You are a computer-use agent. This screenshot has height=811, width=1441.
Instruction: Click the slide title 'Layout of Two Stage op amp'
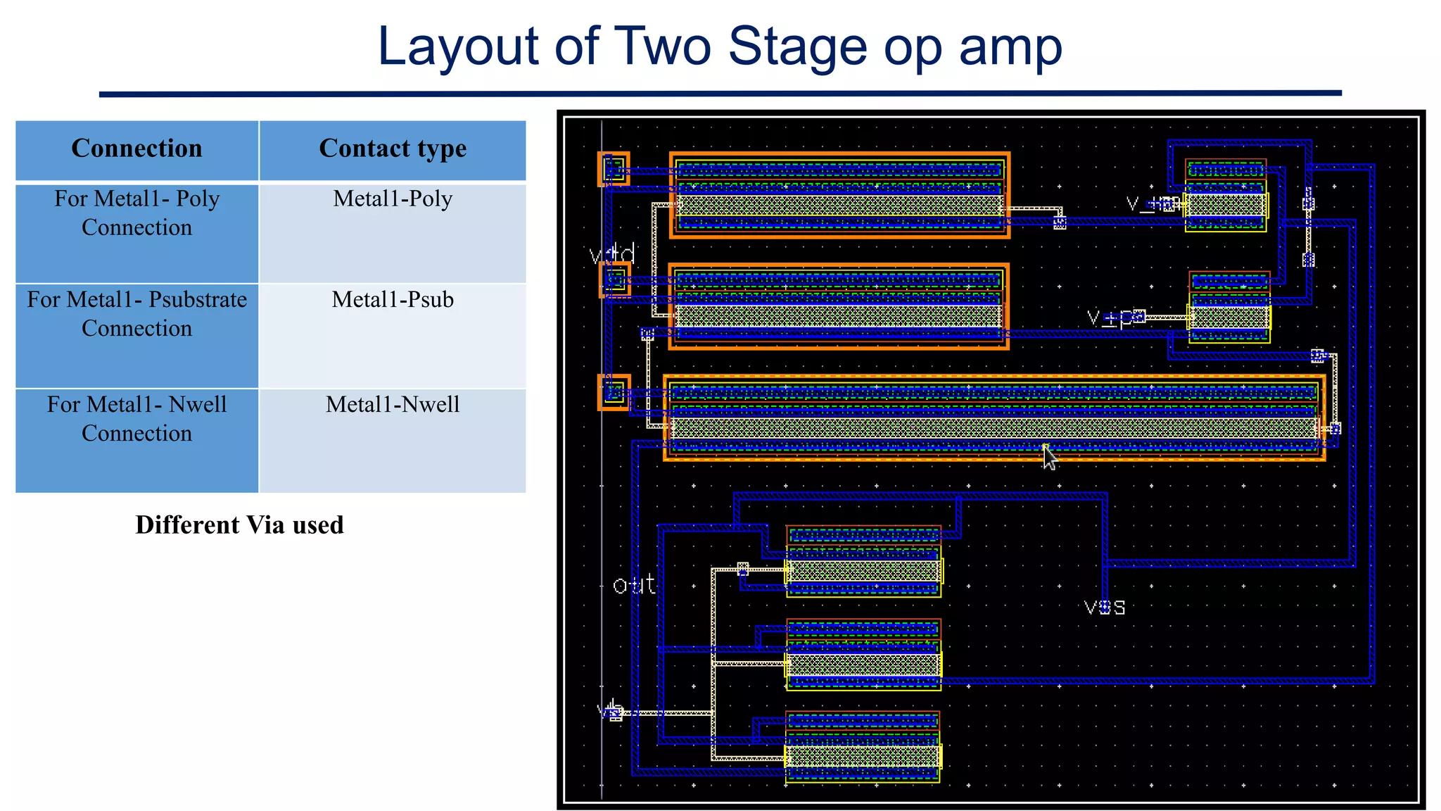click(x=719, y=46)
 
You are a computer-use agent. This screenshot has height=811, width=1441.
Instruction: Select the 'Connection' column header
click(x=137, y=149)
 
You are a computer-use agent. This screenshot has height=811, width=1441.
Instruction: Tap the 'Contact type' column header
click(x=393, y=149)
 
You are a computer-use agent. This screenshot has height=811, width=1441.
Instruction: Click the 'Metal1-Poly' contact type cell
click(x=393, y=199)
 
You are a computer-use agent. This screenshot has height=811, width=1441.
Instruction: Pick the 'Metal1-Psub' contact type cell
click(x=393, y=300)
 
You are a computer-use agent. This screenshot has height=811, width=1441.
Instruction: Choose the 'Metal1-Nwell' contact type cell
click(x=393, y=405)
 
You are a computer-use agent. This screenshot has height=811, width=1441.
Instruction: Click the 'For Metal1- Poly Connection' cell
click(x=137, y=213)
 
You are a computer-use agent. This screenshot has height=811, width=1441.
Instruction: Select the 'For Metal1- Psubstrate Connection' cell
click(x=137, y=314)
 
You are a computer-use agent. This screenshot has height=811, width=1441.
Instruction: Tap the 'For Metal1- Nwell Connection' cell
click(x=137, y=419)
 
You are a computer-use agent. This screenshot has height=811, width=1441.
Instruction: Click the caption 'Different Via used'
click(x=239, y=525)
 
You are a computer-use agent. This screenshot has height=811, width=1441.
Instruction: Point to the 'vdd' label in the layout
click(x=612, y=254)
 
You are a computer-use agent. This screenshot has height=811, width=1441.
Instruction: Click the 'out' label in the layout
click(x=633, y=585)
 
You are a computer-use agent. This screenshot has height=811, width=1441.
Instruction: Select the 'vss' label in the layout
click(x=1105, y=608)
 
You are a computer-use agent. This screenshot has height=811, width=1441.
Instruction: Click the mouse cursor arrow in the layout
click(x=1049, y=458)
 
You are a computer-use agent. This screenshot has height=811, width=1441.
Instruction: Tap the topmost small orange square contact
click(x=614, y=169)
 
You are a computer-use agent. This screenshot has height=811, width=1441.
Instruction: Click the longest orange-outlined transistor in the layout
click(x=994, y=418)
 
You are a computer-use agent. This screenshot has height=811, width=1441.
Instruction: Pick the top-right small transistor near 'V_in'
click(x=1226, y=196)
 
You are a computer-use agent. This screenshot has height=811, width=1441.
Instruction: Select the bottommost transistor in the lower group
click(x=863, y=748)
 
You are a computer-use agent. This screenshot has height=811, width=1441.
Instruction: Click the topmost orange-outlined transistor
click(x=839, y=196)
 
